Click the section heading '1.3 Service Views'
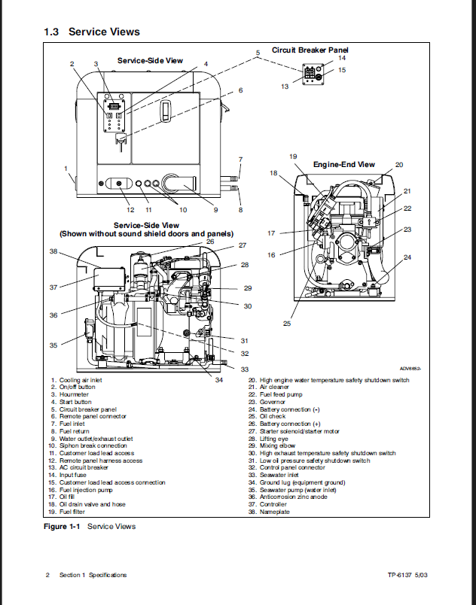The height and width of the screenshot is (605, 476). coord(92,32)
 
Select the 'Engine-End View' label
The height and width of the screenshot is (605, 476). coord(343,164)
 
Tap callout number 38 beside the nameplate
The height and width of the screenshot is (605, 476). coord(53,251)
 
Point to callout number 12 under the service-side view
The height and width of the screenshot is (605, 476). coord(130,209)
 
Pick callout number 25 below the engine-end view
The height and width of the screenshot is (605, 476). coord(287,324)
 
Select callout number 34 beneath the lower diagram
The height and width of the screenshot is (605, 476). coord(218,379)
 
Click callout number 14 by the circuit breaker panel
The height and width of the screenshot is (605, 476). coord(341,58)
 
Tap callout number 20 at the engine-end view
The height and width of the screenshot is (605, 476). coord(399,164)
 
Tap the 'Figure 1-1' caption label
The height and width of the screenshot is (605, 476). coord(63,526)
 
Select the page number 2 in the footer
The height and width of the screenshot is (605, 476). coord(47,576)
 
